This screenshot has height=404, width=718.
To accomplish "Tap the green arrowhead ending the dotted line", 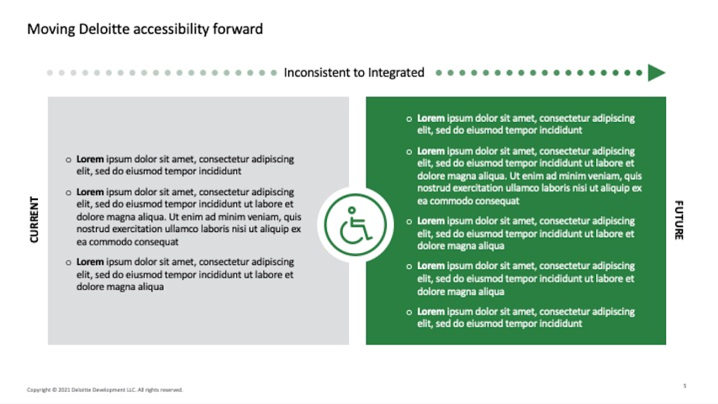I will point(656,72).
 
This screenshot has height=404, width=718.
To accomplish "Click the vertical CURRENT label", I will point(34,220).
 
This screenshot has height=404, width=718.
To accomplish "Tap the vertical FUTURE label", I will point(679,220).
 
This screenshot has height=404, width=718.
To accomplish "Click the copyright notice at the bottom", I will point(104,389).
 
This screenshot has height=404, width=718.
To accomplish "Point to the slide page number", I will point(684,385).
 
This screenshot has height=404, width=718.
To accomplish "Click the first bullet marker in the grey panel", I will point(69,159).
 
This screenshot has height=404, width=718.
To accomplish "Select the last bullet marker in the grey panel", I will point(69,262).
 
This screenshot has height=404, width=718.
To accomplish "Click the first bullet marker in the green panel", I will point(409,119).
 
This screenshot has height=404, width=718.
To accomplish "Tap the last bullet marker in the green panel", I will point(409,311).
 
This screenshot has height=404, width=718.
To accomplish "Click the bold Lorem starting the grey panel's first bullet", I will point(90,159).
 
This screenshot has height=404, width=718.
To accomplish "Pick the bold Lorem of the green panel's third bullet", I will point(431,221).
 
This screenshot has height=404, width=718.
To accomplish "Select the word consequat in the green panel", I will point(496,201).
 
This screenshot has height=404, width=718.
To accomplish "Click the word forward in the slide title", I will point(241,29).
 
